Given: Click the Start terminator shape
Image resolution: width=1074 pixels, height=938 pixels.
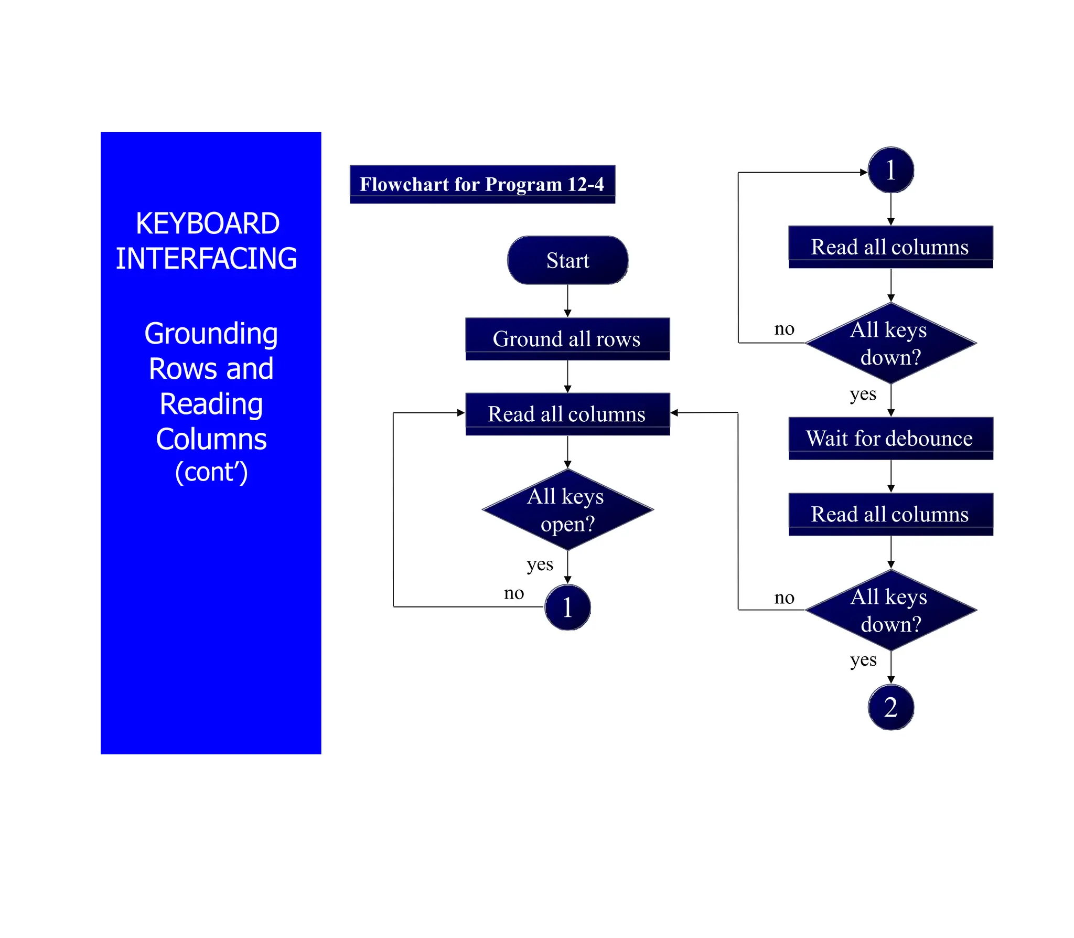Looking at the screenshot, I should point(567,260).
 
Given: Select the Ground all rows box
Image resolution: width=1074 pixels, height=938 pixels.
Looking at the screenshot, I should point(567,338).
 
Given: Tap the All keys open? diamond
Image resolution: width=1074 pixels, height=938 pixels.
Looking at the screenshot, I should point(567,509).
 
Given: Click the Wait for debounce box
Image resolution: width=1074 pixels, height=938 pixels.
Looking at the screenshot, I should point(890,438).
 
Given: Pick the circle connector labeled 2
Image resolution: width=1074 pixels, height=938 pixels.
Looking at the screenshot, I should point(890,707).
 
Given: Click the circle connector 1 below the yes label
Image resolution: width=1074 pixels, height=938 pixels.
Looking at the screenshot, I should point(567,607).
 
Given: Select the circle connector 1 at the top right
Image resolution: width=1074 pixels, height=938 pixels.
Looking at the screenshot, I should point(890,170).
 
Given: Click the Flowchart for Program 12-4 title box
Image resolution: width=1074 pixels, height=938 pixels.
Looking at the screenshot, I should point(482,184).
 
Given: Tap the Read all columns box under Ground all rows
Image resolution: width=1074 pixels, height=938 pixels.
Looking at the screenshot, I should point(567,414).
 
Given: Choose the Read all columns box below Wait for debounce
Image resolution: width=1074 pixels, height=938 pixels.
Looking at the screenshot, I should point(890,514).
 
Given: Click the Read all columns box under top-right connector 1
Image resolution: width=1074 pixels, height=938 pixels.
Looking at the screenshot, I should point(890,247).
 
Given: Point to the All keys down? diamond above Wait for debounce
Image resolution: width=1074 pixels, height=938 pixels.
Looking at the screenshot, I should point(890,344).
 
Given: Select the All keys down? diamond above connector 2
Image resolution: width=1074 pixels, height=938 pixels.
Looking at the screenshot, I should point(890,610).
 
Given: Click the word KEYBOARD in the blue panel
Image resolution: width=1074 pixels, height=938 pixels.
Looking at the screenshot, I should point(208,223).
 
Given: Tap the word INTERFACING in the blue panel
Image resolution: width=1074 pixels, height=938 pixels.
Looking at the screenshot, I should point(206,259).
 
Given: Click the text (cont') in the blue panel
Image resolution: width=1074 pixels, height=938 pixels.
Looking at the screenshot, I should point(211,472).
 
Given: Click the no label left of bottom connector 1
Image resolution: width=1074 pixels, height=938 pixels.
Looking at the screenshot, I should point(513,593).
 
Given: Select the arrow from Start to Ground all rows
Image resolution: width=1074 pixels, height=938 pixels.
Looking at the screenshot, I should point(567,301).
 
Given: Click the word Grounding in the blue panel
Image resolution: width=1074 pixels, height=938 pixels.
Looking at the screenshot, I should point(211,334).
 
